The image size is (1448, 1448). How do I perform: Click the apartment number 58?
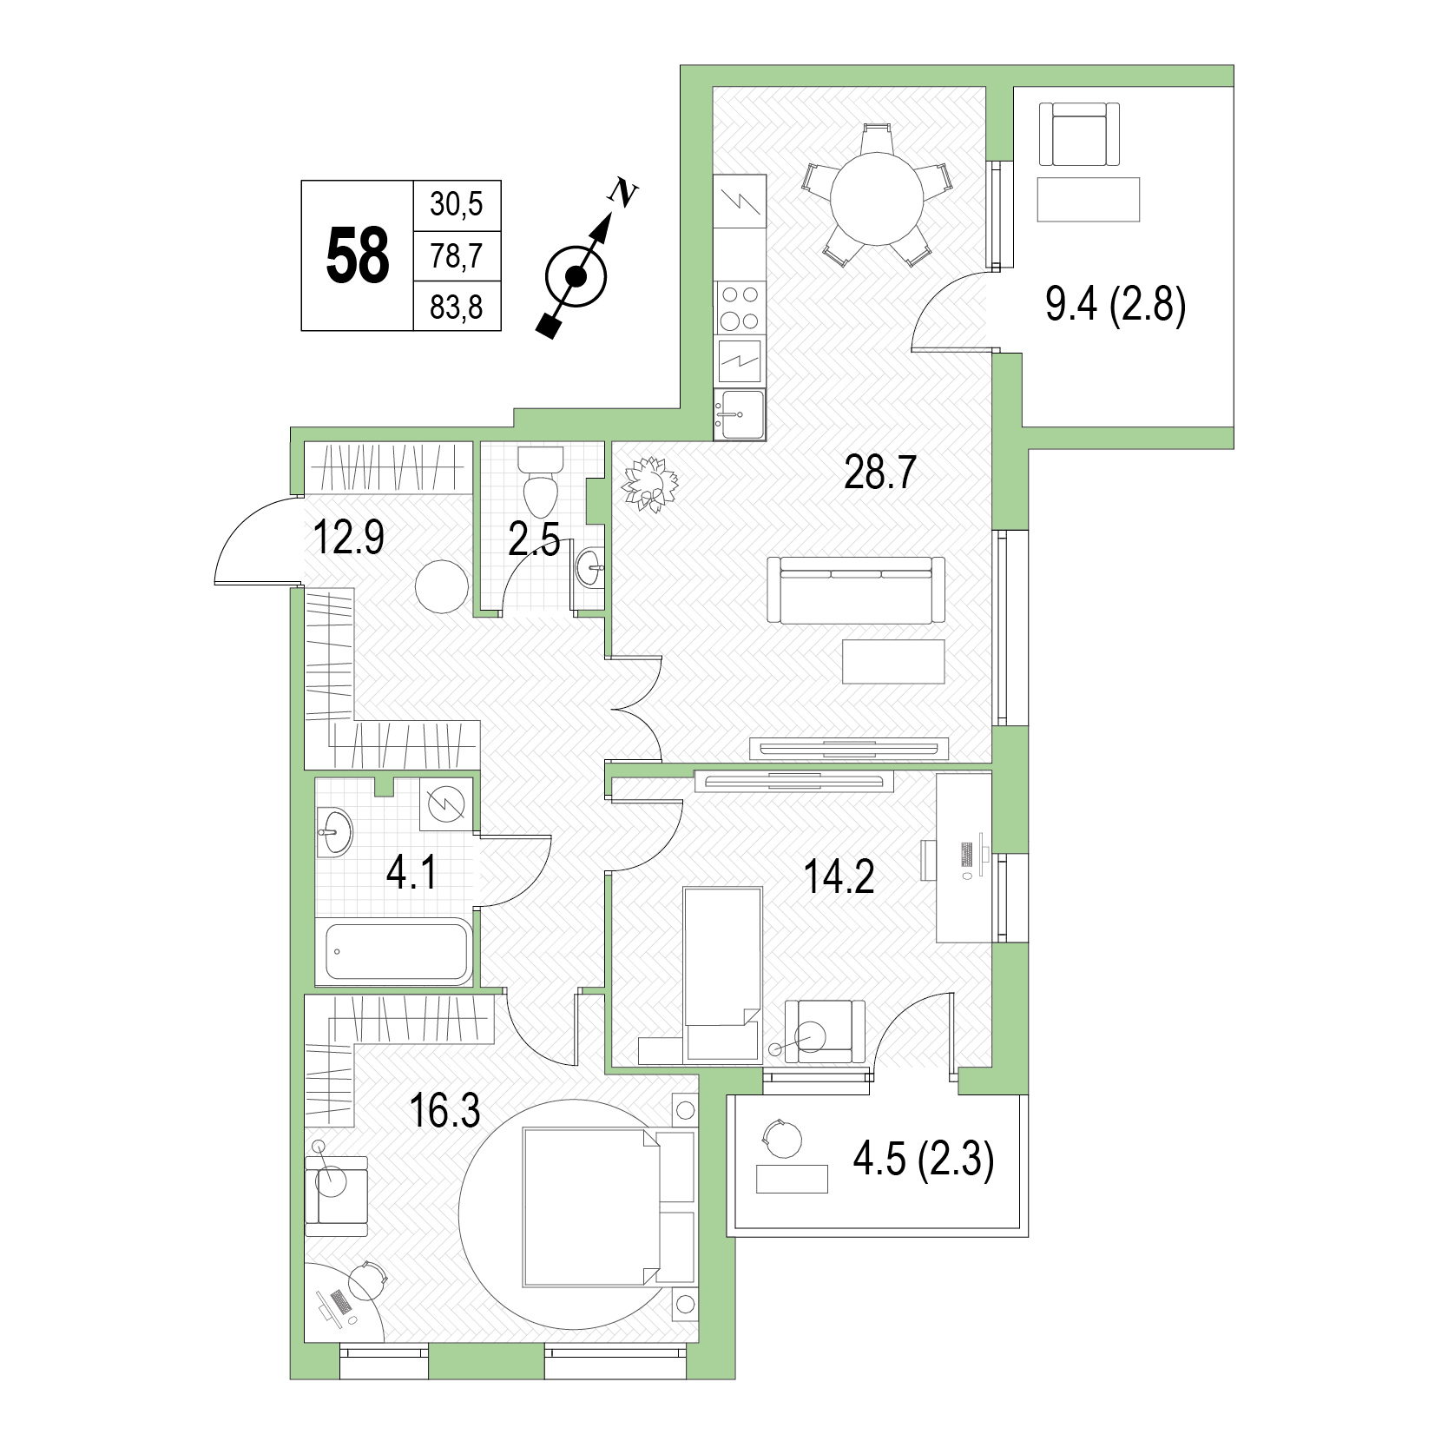[358, 255]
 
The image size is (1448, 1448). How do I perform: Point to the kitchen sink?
[740, 414]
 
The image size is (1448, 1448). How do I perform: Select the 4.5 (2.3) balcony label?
[924, 1160]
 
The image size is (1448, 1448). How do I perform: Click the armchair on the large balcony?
[1079, 134]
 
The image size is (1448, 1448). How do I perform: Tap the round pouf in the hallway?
[442, 588]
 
